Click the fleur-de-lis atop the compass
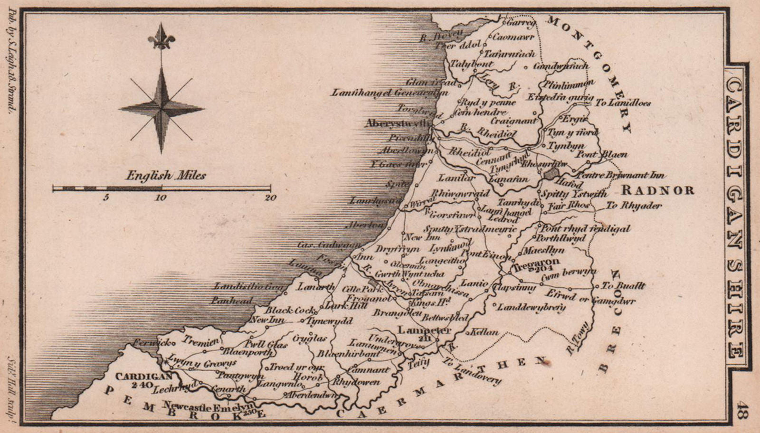click(161, 37)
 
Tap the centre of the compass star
click(161, 109)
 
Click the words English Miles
click(166, 176)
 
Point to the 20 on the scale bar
click(270, 198)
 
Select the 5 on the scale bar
click(107, 198)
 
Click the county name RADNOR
click(657, 191)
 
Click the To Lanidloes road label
click(623, 103)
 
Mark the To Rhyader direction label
click(634, 206)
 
